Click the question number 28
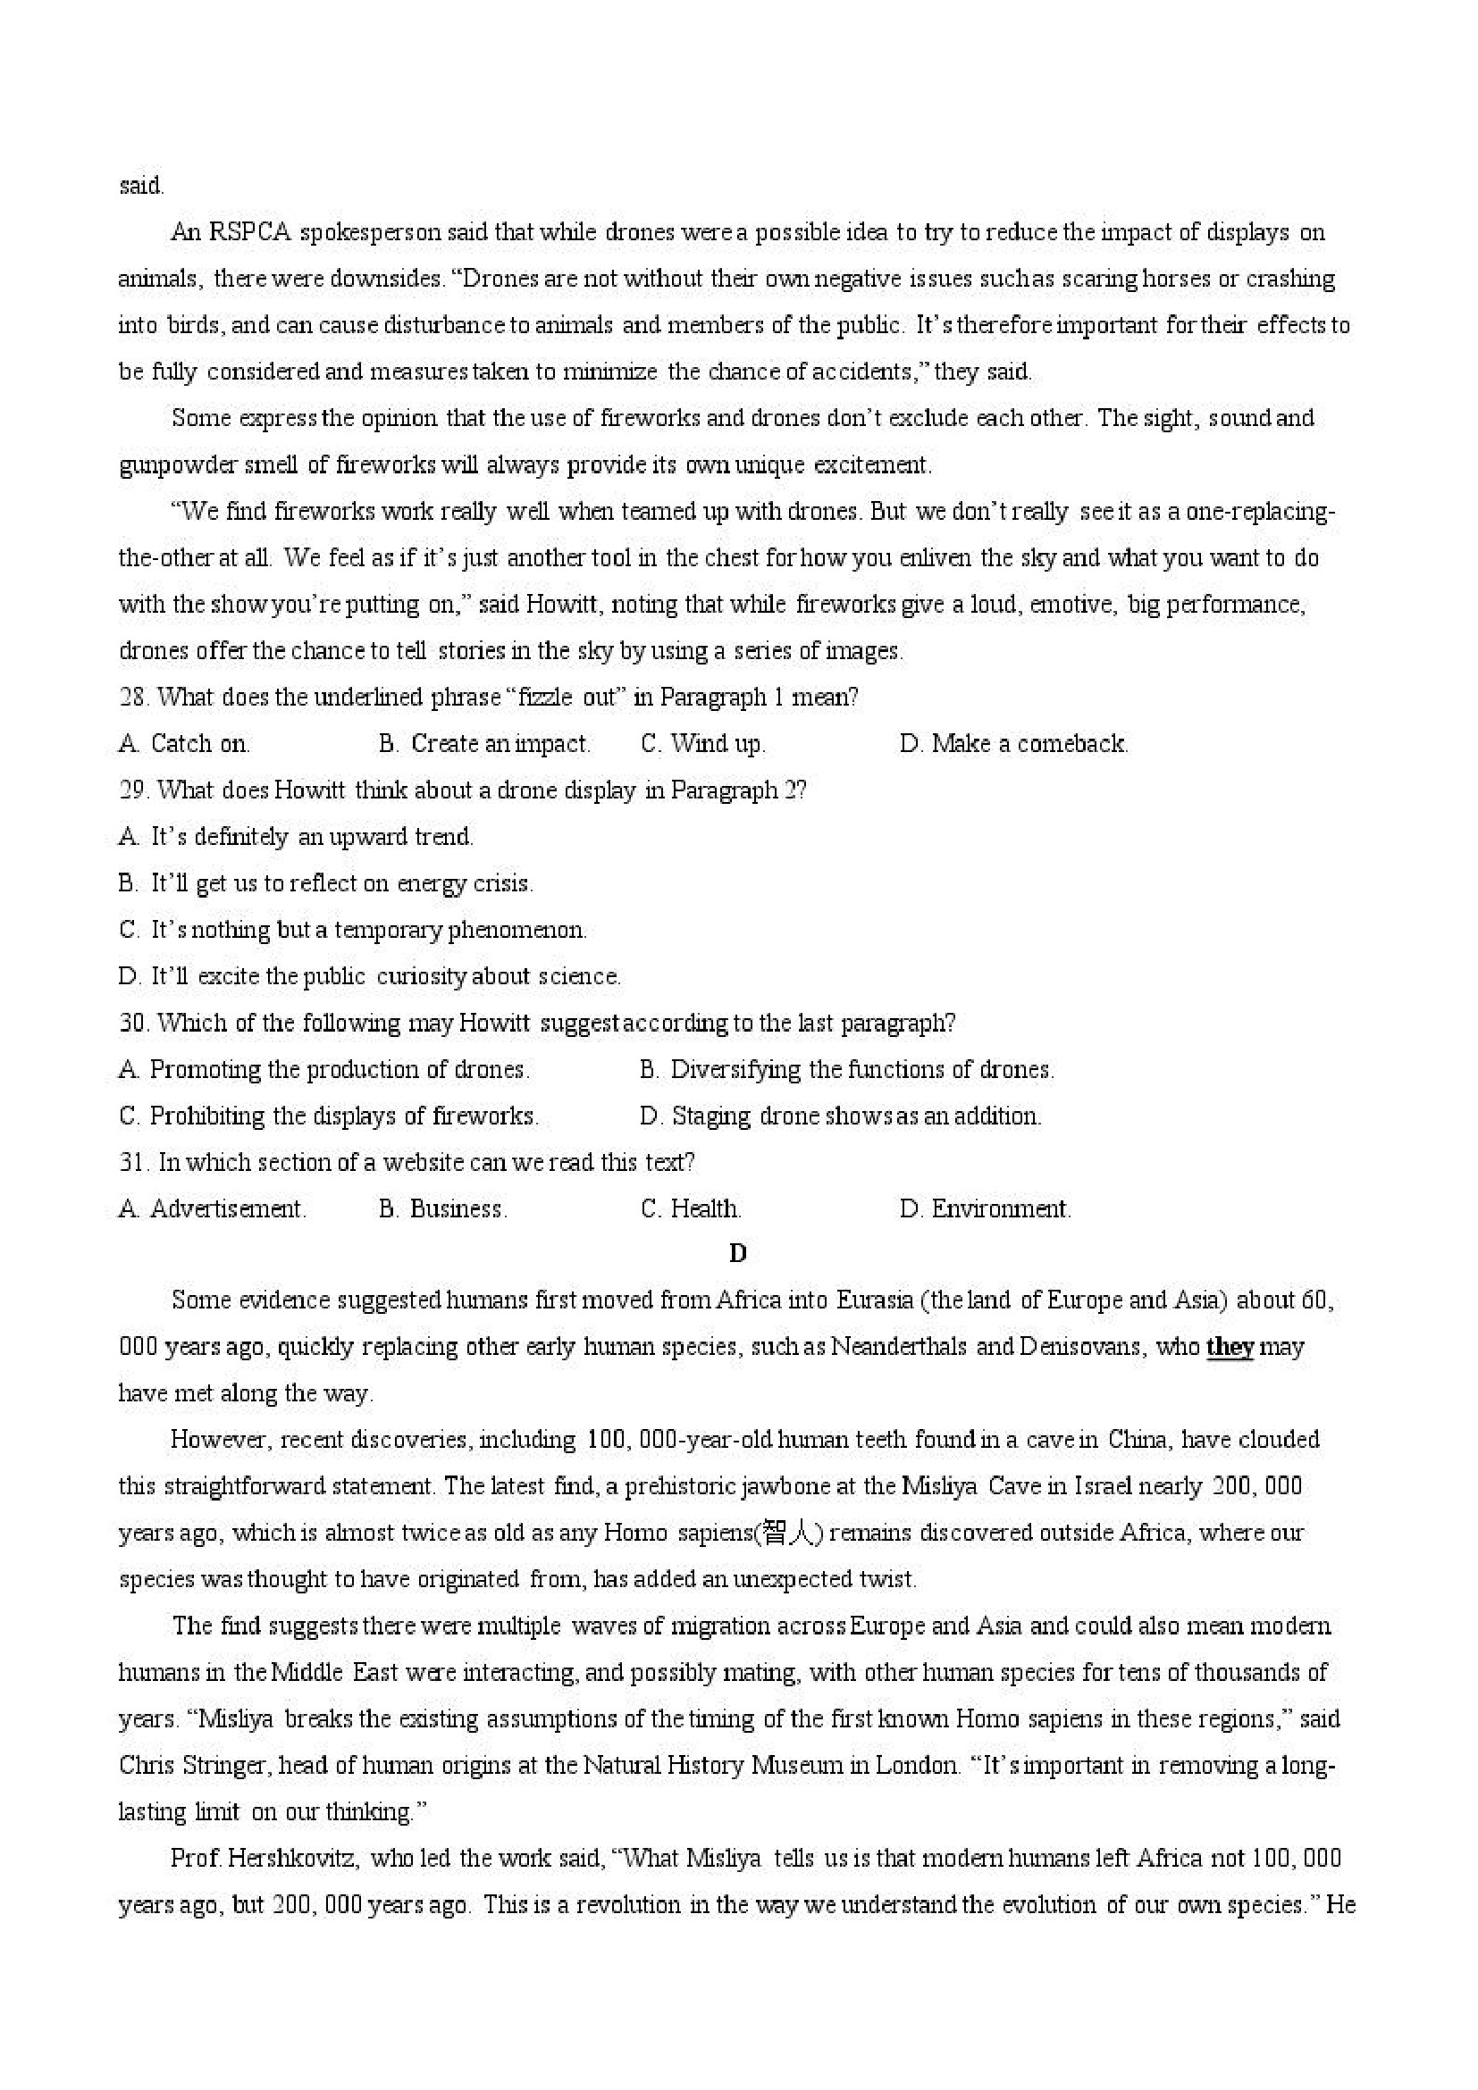pyautogui.click(x=132, y=698)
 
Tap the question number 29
pyautogui.click(x=133, y=790)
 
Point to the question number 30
pyautogui.click(x=133, y=1024)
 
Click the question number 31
pyautogui.click(x=133, y=1162)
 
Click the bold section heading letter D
pyautogui.click(x=737, y=1254)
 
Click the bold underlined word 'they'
pyautogui.click(x=1230, y=1347)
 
